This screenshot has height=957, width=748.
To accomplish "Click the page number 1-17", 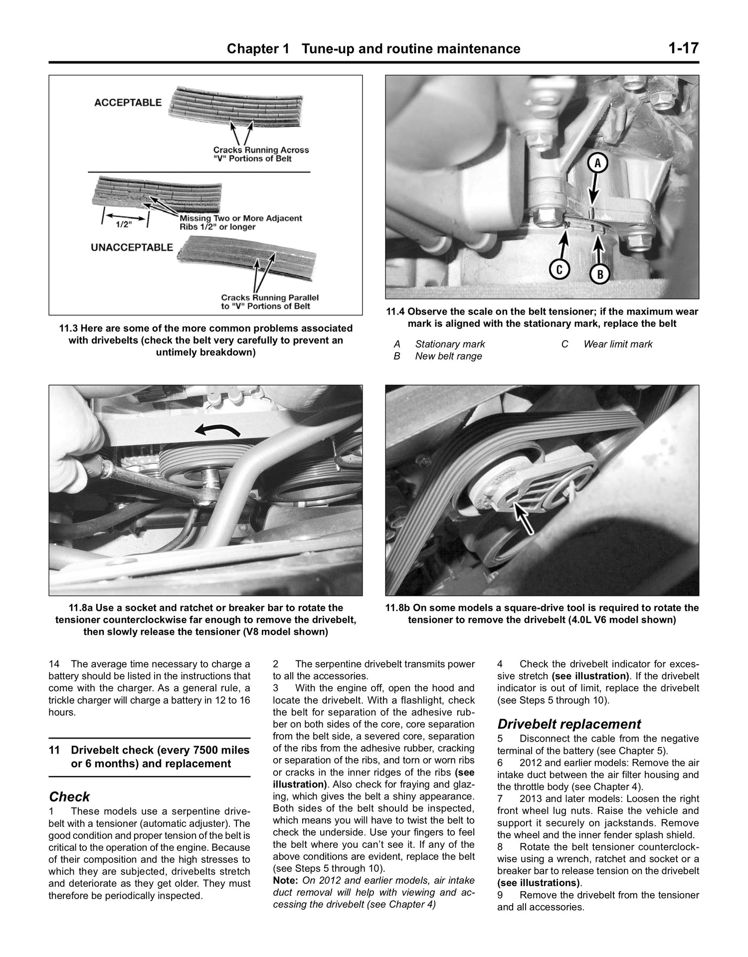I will tap(684, 48).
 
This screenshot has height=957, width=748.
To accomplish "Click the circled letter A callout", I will tap(599, 163).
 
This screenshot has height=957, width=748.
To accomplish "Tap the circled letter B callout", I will tap(600, 274).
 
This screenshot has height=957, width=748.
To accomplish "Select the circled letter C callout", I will tap(560, 269).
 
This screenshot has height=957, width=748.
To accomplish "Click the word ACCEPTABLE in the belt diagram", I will tap(128, 103).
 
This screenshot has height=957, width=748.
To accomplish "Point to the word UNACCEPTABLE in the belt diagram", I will tap(132, 247).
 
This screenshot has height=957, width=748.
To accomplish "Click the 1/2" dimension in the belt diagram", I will tap(123, 224).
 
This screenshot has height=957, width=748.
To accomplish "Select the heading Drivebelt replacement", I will tap(569, 724).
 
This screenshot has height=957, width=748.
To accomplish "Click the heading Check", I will tap(69, 796).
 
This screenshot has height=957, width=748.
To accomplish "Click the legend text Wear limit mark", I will tap(617, 344).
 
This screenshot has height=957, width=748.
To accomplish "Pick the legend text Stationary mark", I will tap(449, 344).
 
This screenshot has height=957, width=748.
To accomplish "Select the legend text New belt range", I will tap(448, 356).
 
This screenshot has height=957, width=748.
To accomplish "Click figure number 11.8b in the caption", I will tap(400, 608).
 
